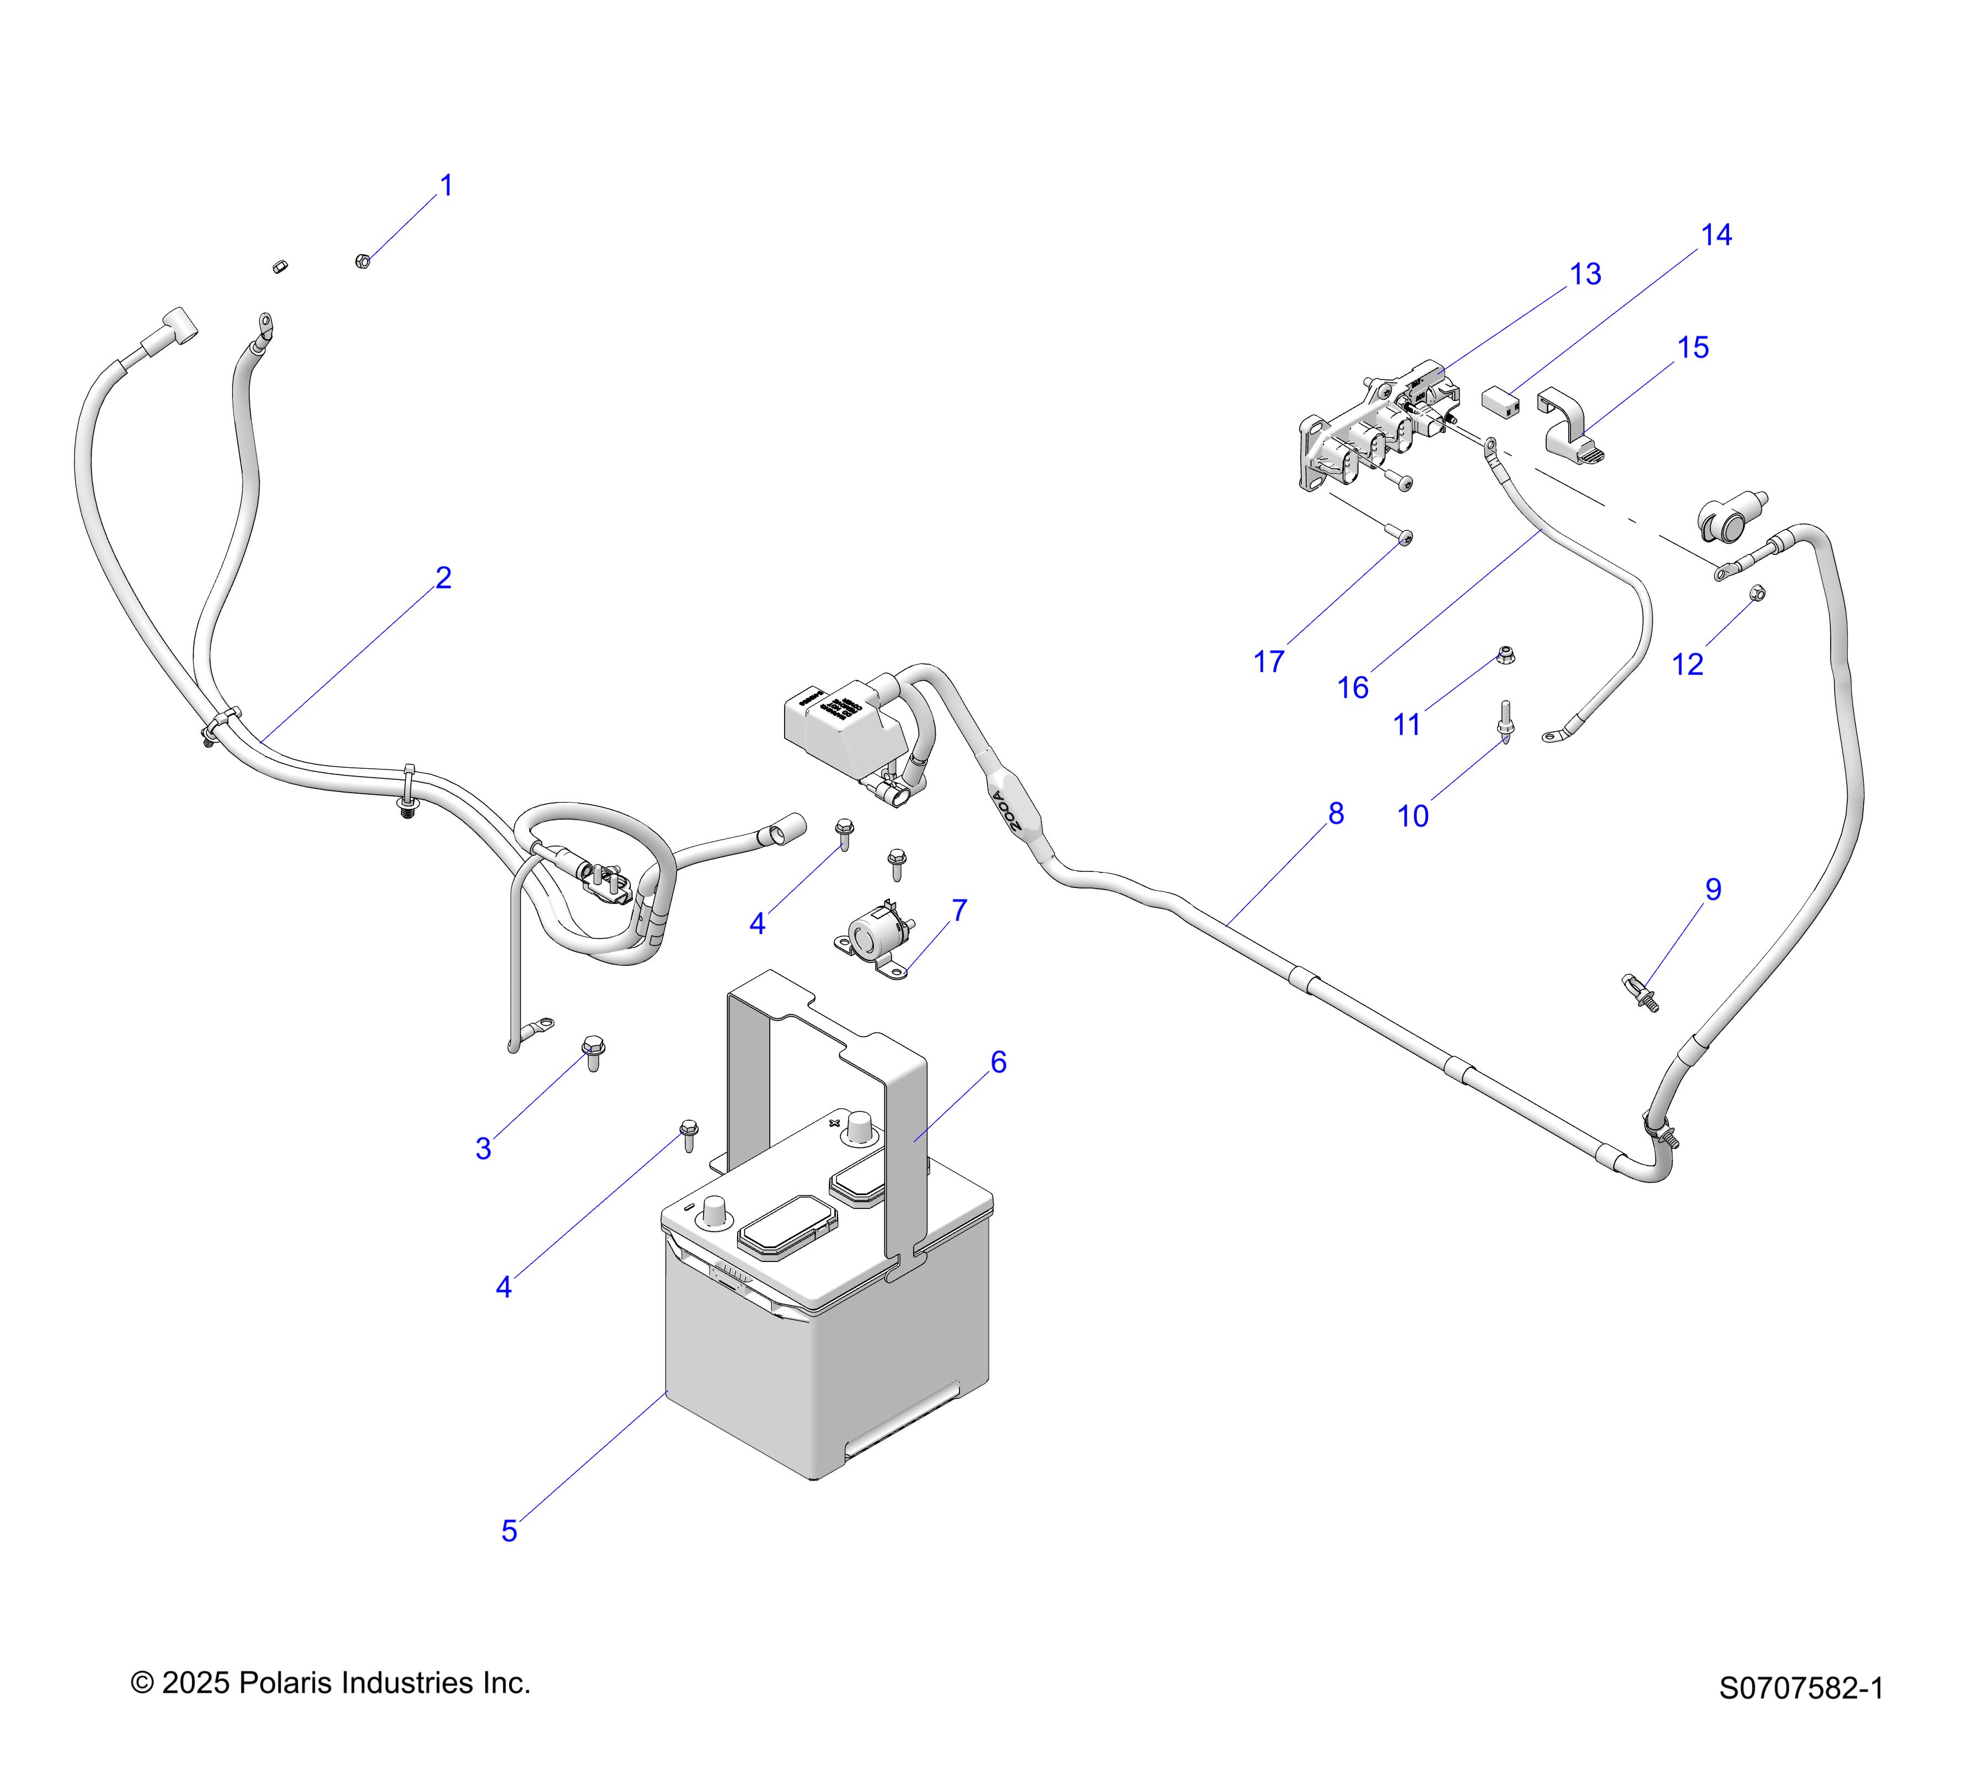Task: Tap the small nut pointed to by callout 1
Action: point(362,260)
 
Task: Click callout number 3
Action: point(484,1149)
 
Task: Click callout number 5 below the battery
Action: point(509,1531)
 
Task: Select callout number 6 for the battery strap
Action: point(999,1063)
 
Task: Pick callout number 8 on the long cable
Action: point(1335,814)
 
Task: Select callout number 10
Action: point(1413,816)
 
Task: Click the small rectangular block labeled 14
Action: point(1501,400)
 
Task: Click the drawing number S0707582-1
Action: point(1801,1715)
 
